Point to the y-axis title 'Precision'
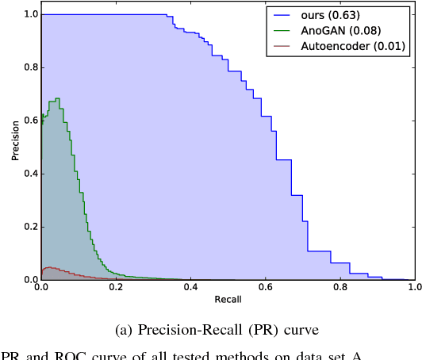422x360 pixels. (15, 147)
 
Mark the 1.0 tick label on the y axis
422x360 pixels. (29, 14)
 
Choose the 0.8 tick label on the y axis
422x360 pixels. (29, 67)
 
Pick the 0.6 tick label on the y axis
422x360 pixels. (29, 121)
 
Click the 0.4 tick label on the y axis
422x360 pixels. (29, 174)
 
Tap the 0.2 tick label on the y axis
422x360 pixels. (29, 227)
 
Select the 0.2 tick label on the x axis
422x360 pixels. (116, 289)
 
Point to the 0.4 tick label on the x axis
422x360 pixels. (190, 289)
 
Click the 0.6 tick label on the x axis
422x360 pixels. (264, 289)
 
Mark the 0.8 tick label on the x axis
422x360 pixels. (339, 289)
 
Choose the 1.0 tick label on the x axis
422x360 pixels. (412, 289)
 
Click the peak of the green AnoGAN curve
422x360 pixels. (57, 99)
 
